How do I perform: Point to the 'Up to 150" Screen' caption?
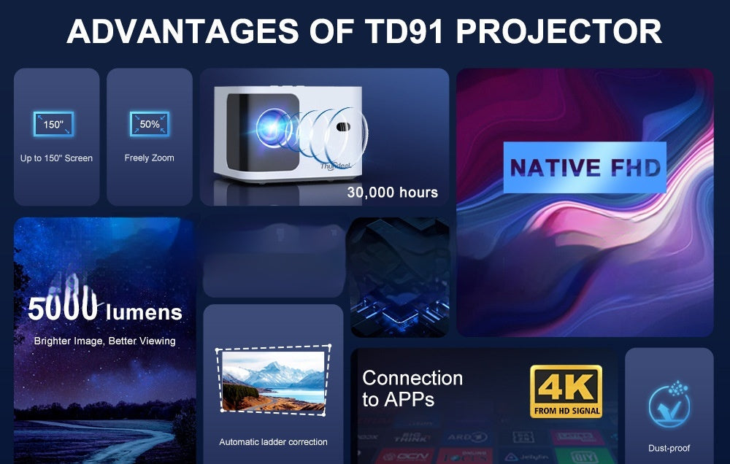click(56, 158)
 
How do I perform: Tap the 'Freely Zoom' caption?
click(149, 158)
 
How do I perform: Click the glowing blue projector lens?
click(272, 124)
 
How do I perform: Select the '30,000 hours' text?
click(392, 193)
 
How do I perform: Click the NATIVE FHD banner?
click(585, 168)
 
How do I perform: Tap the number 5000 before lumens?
click(63, 309)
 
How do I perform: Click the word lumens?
click(144, 313)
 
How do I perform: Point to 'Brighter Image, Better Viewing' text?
click(104, 341)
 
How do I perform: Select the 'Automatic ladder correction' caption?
click(273, 442)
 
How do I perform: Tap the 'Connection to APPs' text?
click(412, 388)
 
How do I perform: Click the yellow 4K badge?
click(566, 392)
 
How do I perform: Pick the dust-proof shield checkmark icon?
click(669, 406)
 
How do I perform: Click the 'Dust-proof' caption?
click(669, 448)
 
